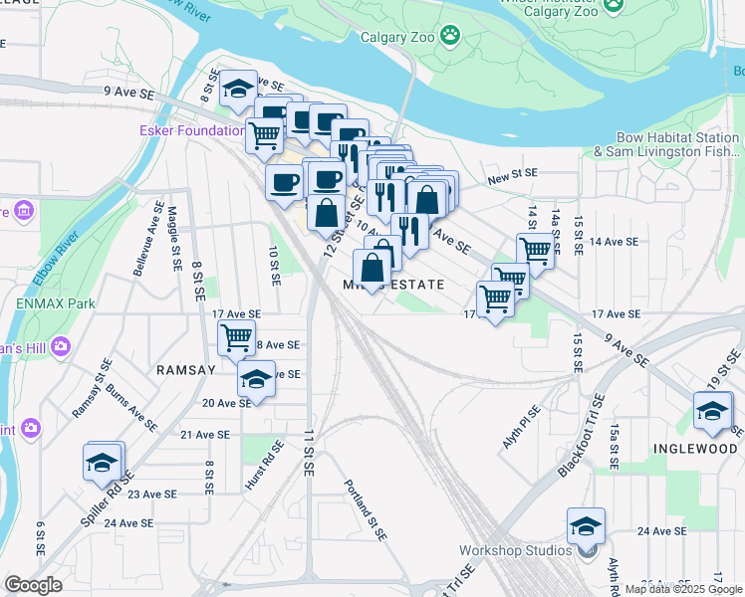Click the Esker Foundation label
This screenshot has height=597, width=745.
coord(191,130)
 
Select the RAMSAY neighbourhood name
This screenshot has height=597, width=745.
coord(185,369)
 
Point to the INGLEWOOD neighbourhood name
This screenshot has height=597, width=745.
coord(694,448)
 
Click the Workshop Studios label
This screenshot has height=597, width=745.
coord(515,550)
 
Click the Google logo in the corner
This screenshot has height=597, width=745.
coord(34,585)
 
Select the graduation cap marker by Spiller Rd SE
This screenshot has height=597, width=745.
coord(104,463)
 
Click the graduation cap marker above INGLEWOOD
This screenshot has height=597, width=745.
coord(713,410)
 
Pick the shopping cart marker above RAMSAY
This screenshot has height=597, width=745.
coord(236,337)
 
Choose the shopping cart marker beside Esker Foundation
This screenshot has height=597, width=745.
coord(264,133)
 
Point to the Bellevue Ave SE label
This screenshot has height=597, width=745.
coord(145,239)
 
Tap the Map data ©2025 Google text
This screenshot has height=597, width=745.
coord(682,589)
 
